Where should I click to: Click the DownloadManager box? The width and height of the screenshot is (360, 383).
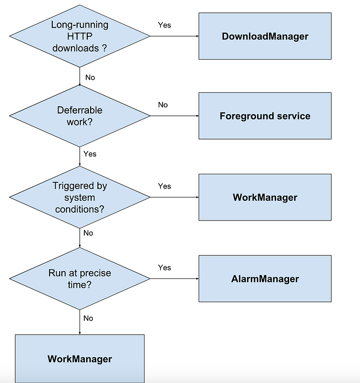pyautogui.click(x=265, y=36)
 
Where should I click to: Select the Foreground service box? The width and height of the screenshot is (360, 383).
pyautogui.click(x=265, y=116)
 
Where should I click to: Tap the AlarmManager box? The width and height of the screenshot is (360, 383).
pyautogui.click(x=265, y=278)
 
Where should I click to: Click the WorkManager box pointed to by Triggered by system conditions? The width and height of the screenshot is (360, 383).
pyautogui.click(x=265, y=197)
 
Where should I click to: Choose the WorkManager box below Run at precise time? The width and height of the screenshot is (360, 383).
pyautogui.click(x=79, y=358)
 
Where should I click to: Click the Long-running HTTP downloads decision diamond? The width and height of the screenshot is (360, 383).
pyautogui.click(x=79, y=36)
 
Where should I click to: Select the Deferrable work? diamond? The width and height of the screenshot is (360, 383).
pyautogui.click(x=79, y=116)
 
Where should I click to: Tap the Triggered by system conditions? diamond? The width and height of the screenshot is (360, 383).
pyautogui.click(x=79, y=197)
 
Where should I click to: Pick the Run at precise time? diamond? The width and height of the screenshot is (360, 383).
pyautogui.click(x=79, y=278)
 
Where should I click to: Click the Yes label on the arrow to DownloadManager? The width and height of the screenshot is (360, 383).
pyautogui.click(x=164, y=25)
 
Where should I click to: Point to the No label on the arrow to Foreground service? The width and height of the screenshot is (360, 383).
pyautogui.click(x=163, y=105)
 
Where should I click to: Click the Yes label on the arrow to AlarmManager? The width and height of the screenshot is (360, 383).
pyautogui.click(x=164, y=267)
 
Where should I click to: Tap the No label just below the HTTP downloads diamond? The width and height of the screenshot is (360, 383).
pyautogui.click(x=90, y=78)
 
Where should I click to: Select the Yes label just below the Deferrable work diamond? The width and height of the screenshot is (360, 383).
pyautogui.click(x=90, y=154)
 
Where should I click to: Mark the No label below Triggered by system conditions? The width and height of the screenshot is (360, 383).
pyautogui.click(x=88, y=233)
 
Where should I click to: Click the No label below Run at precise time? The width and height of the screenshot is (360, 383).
pyautogui.click(x=88, y=318)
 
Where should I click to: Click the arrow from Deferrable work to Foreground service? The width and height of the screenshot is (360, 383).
pyautogui.click(x=174, y=116)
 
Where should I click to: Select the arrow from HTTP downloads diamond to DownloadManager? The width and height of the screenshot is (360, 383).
pyautogui.click(x=174, y=37)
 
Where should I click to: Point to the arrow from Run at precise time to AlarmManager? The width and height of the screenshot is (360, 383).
pyautogui.click(x=174, y=279)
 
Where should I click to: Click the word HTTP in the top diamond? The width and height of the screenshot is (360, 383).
pyautogui.click(x=79, y=36)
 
